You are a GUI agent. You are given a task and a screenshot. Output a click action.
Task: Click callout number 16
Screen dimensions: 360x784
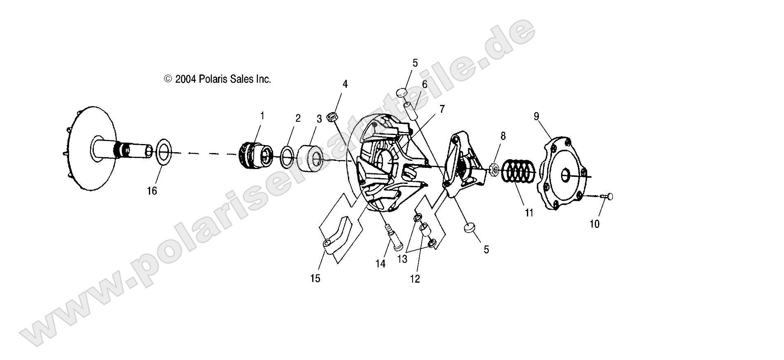pos(152,191)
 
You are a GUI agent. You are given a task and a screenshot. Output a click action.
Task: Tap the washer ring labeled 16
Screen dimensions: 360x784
pos(163,152)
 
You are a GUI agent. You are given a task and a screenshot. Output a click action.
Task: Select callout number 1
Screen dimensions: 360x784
pos(262,116)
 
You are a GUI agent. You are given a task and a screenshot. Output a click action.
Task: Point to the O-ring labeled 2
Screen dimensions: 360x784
pos(288,156)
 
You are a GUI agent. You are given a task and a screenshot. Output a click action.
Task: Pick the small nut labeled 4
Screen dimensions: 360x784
pos(332,117)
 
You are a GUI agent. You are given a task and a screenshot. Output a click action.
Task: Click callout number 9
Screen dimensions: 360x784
pos(536,116)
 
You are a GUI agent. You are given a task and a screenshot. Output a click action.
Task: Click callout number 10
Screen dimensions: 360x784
pos(594,224)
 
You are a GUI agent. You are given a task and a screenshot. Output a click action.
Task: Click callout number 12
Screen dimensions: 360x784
pos(415,279)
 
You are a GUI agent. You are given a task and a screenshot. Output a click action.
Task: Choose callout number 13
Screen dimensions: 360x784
pos(402,259)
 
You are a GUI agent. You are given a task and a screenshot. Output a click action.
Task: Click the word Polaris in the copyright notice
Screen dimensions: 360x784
pos(212,79)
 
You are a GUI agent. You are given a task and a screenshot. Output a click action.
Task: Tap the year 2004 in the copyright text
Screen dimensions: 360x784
pos(186,79)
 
